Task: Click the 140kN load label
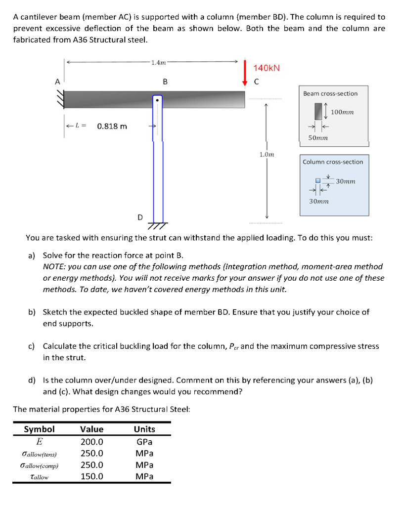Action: click(267, 68)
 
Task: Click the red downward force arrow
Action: click(246, 74)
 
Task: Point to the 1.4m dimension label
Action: click(158, 62)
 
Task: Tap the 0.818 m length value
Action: click(112, 126)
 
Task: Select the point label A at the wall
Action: click(57, 83)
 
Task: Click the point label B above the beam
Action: click(165, 82)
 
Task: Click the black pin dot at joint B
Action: click(157, 100)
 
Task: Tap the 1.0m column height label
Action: click(266, 155)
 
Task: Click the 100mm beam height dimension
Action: click(342, 112)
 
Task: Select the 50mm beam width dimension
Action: click(318, 138)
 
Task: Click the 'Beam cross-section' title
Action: click(330, 93)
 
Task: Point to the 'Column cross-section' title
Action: click(333, 162)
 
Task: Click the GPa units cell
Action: click(144, 442)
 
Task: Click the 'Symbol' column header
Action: click(40, 429)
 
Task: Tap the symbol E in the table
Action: click(39, 442)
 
